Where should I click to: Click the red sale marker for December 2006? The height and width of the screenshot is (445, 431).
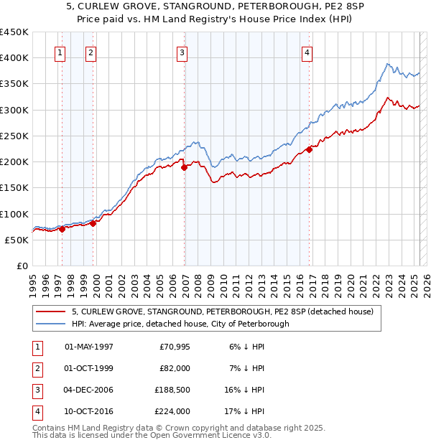tap(184, 167)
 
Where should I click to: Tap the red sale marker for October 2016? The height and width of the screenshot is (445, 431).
tap(309, 149)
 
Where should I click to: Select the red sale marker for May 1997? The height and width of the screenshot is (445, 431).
tap(62, 229)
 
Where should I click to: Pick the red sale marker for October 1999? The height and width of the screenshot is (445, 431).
tap(93, 223)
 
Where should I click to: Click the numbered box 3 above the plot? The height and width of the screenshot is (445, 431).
tap(182, 52)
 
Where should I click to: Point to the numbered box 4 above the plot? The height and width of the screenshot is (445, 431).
tap(307, 52)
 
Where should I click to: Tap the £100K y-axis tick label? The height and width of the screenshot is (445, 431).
tap(14, 214)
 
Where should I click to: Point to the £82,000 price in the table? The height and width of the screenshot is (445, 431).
tap(175, 368)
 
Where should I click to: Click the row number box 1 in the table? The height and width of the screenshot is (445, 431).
tap(37, 347)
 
